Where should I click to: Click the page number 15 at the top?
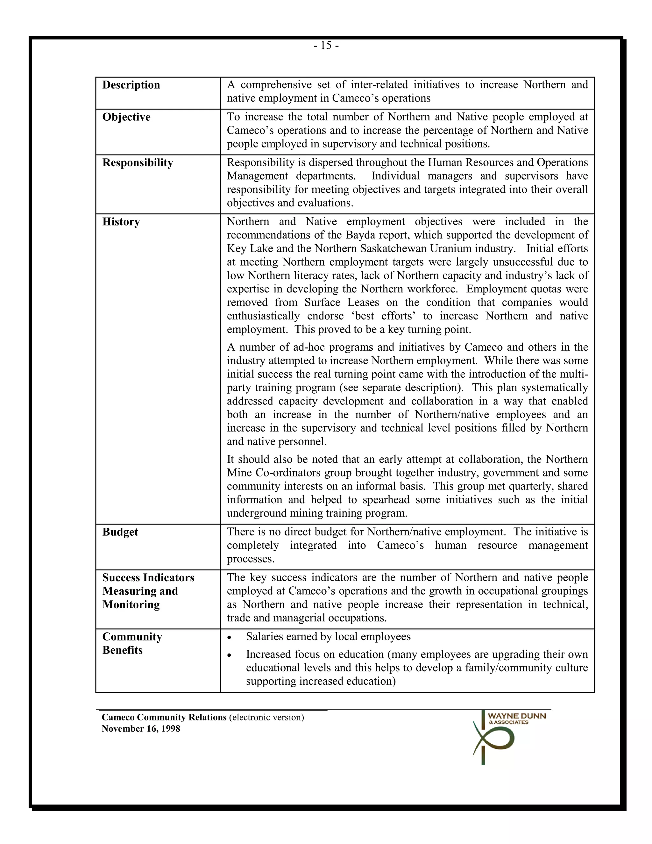[326, 46]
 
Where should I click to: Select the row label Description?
[131, 85]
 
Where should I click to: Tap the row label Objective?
[126, 117]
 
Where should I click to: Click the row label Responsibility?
[138, 163]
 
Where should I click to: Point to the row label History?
[121, 222]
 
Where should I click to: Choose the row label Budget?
[120, 532]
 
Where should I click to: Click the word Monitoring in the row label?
[131, 604]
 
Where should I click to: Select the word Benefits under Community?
[123, 650]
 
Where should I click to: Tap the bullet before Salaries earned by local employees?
[230, 637]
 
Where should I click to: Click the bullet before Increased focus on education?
[230, 655]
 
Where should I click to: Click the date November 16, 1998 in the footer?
[141, 728]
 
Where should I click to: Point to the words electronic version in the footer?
[266, 717]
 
